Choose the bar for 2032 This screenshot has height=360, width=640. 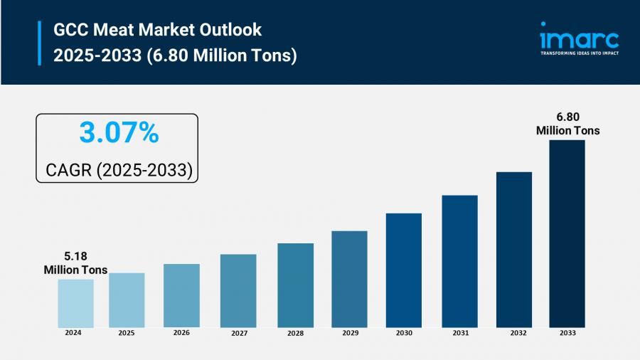coord(514,249)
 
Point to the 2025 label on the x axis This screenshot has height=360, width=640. coord(127,332)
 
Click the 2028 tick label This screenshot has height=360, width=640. coord(295,333)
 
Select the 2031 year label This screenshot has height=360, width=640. coord(459,333)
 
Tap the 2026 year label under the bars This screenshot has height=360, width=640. coord(181,332)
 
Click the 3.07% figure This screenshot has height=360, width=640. coord(119,133)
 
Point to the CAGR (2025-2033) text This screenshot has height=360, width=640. coord(119,170)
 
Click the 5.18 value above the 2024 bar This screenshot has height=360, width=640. coord(75,256)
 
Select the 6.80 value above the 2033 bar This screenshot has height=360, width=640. coord(567,117)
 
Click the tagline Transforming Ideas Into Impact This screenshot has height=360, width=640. coord(579,53)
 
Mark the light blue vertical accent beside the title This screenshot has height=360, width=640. coord(39,43)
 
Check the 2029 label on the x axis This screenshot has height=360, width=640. coord(349,333)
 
